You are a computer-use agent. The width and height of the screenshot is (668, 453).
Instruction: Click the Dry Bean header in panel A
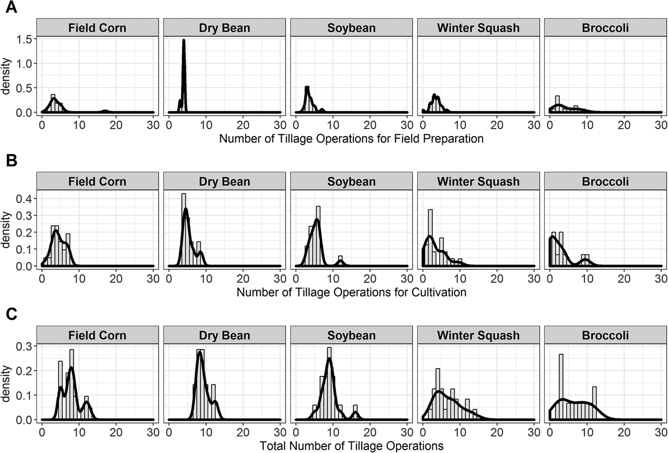tap(224, 28)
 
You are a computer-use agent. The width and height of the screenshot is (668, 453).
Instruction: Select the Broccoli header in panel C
tap(605, 335)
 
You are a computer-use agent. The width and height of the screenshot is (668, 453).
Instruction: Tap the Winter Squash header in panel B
tap(478, 182)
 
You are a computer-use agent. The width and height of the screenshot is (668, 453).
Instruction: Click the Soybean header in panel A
tap(351, 28)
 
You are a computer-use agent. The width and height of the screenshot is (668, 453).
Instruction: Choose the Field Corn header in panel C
tap(97, 335)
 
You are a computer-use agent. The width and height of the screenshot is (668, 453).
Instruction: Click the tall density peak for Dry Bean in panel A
tap(183, 43)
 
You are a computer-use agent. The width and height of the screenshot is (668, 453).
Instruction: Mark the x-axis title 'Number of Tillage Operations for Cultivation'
tap(351, 292)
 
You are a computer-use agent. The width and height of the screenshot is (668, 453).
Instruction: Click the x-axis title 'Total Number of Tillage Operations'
tap(351, 446)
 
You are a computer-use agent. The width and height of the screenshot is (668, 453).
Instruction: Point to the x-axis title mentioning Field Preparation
tap(351, 139)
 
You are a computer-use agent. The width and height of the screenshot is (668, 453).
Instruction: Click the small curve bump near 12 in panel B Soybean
tap(340, 261)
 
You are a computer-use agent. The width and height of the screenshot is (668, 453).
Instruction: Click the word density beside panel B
tap(7, 230)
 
